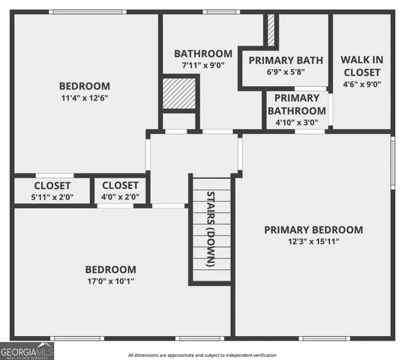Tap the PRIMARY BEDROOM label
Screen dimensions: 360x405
313,229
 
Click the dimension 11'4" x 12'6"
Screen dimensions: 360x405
85,98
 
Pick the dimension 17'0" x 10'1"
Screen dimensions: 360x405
110,281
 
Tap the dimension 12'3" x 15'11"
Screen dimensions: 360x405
313,241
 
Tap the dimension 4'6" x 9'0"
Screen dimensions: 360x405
361,85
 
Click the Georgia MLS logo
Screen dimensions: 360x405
26,350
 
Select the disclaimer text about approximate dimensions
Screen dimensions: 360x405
202,355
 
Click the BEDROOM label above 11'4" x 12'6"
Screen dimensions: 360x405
85,86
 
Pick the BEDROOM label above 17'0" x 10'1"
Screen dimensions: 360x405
110,269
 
